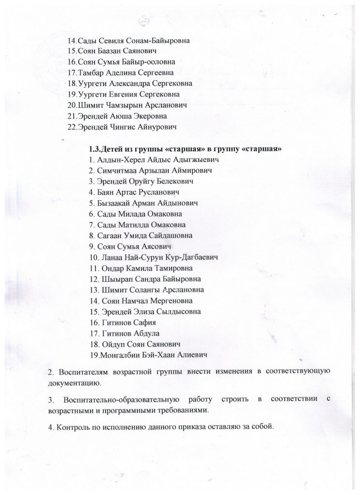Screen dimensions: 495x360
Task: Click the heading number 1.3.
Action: [x=95, y=148]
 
